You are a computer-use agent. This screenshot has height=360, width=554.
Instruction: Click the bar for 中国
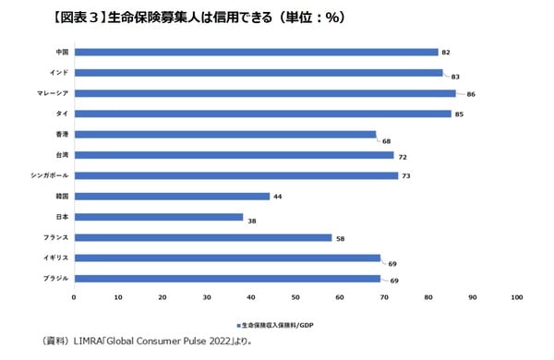256,52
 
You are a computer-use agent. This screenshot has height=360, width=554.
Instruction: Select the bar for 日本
158,217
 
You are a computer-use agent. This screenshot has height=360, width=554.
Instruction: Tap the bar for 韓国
171,196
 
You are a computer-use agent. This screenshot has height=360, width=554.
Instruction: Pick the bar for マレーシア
264,93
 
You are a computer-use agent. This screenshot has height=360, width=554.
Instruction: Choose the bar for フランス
202,237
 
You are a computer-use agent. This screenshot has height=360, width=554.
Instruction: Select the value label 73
407,175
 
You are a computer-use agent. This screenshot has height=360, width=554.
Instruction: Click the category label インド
58,72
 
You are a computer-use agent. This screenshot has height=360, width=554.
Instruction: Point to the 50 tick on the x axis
295,297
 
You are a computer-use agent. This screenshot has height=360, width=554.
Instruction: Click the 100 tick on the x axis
516,297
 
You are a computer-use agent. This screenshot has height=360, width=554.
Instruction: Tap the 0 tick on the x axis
74,297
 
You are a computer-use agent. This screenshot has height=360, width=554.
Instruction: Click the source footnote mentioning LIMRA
148,341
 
